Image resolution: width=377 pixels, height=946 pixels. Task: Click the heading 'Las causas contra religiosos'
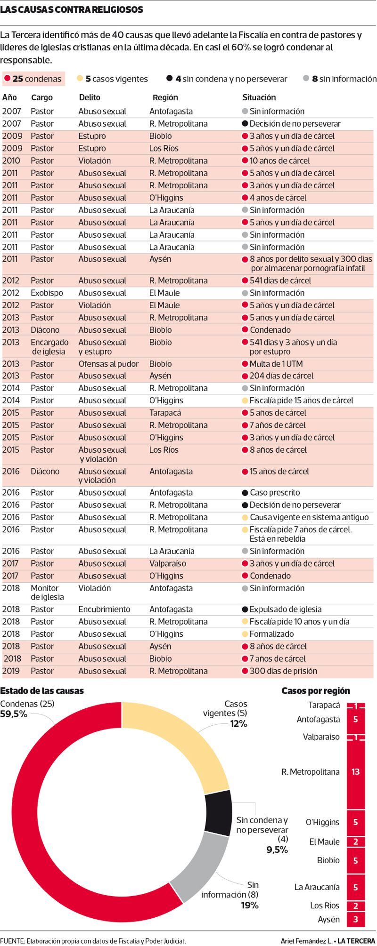72,9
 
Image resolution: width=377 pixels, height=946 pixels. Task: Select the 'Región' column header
165,97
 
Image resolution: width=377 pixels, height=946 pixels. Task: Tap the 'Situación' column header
259,97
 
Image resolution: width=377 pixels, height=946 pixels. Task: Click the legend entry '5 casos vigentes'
113,79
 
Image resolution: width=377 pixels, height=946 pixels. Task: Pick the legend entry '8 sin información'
340,79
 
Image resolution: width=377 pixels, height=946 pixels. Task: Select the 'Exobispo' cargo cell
47,293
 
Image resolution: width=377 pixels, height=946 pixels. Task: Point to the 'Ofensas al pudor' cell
108,364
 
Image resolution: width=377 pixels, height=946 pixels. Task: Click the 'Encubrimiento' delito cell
104,609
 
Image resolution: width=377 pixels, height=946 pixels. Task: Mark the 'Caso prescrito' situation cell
271,493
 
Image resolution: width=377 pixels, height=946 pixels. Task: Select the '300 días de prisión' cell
279,671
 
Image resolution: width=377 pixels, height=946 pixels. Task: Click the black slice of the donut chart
218,813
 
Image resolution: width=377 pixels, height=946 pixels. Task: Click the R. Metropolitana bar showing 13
356,772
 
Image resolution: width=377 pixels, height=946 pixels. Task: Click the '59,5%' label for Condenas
14,714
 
